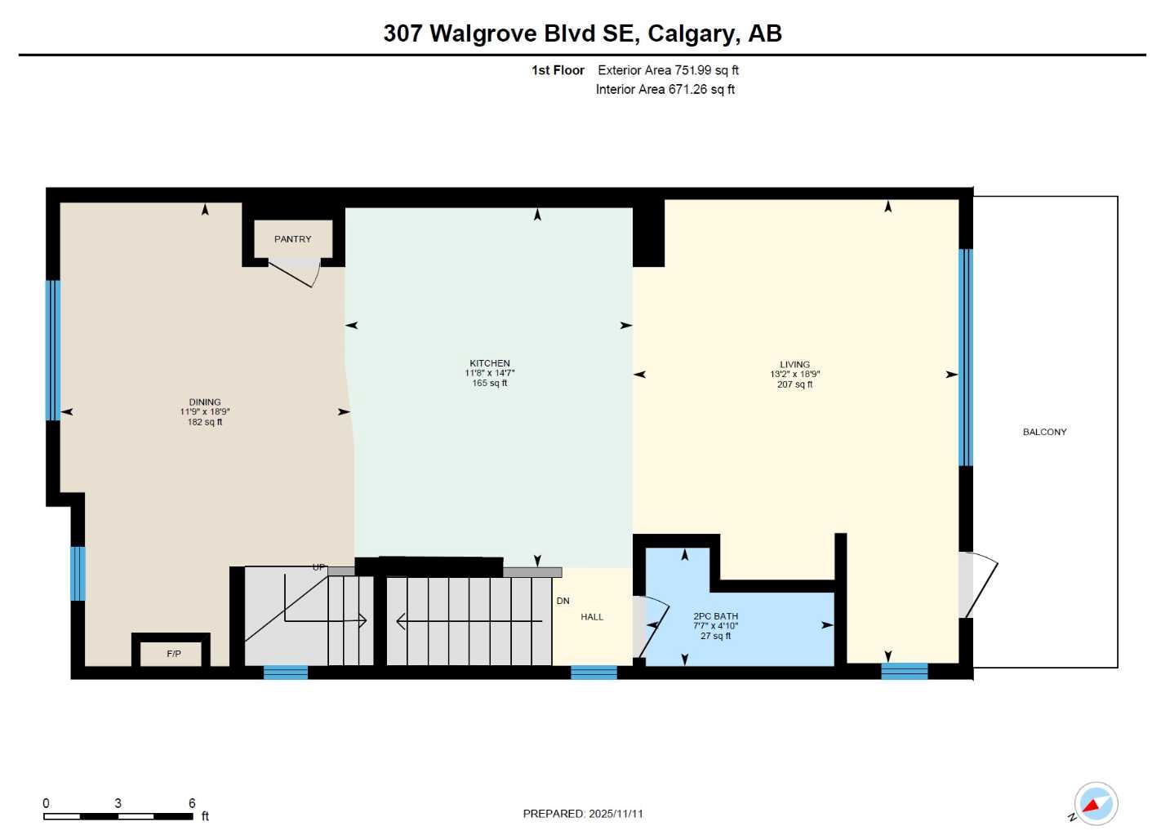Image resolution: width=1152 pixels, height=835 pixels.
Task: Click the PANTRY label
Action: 292,239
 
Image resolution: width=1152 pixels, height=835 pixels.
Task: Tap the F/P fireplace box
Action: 173,654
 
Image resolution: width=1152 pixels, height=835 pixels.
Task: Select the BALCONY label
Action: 1044,432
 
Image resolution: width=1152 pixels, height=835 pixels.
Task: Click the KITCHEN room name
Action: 489,363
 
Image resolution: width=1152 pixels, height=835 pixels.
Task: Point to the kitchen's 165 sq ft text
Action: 489,384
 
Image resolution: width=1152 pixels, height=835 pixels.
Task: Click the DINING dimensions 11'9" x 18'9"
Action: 205,412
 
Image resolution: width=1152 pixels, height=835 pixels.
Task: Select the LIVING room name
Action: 794,365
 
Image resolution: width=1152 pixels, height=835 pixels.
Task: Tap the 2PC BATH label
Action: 715,616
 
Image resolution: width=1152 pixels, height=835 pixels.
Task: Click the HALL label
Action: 592,617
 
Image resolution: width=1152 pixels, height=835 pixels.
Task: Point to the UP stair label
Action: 318,567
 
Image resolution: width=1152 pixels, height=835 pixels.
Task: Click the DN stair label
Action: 563,601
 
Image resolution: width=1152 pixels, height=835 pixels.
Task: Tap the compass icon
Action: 1095,804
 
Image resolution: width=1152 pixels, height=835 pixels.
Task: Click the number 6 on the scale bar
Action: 192,803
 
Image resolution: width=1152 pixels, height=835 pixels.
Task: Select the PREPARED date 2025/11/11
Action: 616,814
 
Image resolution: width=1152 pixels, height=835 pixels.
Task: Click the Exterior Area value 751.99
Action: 692,70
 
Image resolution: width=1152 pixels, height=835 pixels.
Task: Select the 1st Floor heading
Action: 558,70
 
